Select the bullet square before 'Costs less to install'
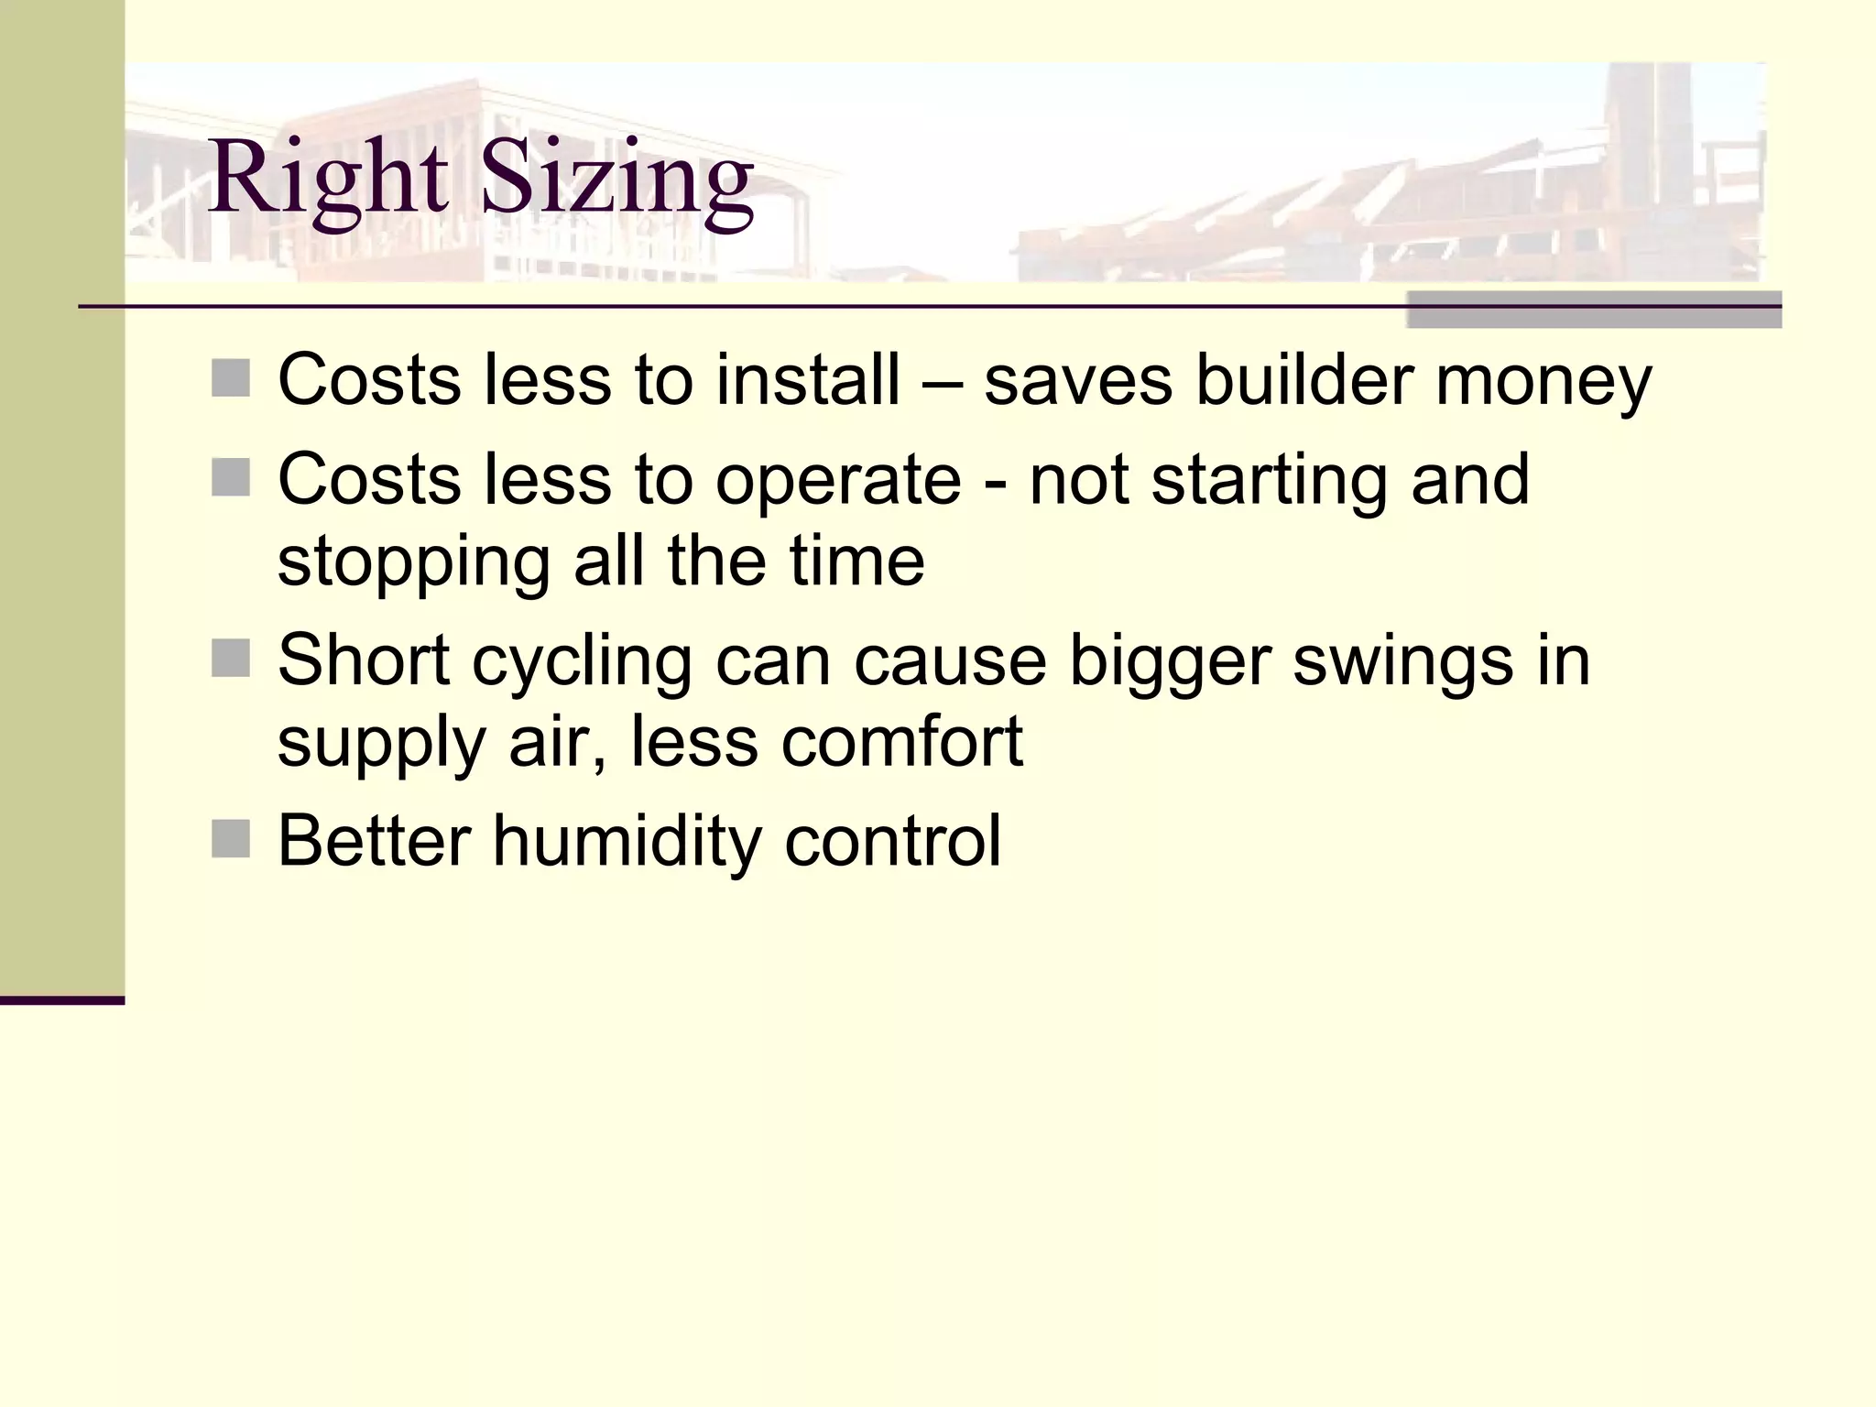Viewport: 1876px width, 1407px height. pyautogui.click(x=230, y=378)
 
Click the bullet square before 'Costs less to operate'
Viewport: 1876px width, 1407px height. pyautogui.click(x=230, y=477)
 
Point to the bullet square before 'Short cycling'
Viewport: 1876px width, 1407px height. pyautogui.click(x=230, y=658)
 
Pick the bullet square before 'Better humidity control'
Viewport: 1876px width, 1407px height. pyautogui.click(x=230, y=839)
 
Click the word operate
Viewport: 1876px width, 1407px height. pyautogui.click(x=838, y=480)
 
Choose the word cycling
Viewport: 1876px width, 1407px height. pyautogui.click(x=582, y=661)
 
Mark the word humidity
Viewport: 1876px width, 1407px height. pyautogui.click(x=627, y=841)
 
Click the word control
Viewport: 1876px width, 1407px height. pyautogui.click(x=893, y=841)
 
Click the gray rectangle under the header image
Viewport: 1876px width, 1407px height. pyautogui.click(x=1594, y=310)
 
